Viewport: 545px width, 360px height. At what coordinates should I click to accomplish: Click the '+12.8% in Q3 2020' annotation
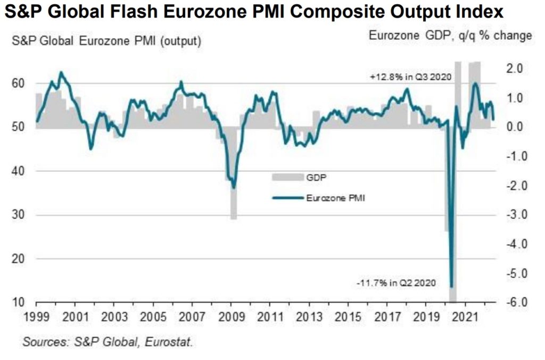411,77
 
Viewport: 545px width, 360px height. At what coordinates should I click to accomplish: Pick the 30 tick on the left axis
18,215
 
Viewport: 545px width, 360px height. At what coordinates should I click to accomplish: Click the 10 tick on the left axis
18,303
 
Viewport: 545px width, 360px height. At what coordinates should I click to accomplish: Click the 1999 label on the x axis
36,317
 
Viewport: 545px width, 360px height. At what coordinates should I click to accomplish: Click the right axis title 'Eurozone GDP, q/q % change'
450,36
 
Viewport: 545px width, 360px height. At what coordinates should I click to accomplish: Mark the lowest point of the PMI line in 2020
451,287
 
